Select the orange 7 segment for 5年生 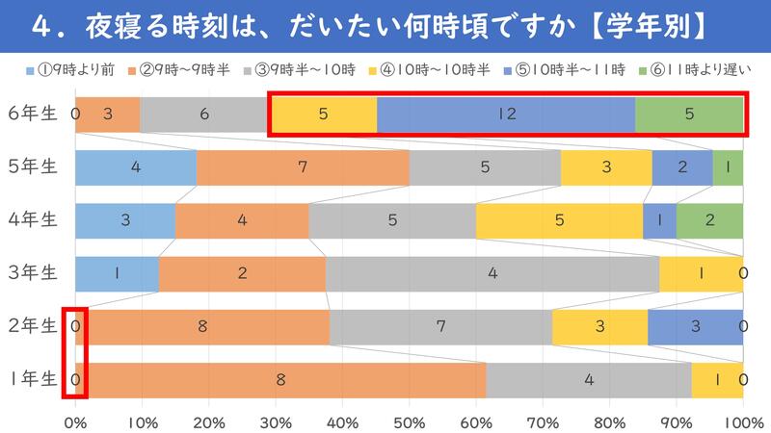[303, 167]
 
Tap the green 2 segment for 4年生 [709, 220]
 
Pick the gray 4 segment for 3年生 [492, 273]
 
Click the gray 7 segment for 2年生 [440, 326]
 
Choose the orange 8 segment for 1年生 [280, 379]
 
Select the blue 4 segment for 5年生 [136, 167]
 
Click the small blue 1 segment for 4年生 [659, 220]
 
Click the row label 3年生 [33, 273]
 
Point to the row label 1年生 [33, 379]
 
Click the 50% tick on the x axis [409, 421]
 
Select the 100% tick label [742, 421]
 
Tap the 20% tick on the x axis [209, 421]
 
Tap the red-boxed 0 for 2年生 [75, 326]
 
